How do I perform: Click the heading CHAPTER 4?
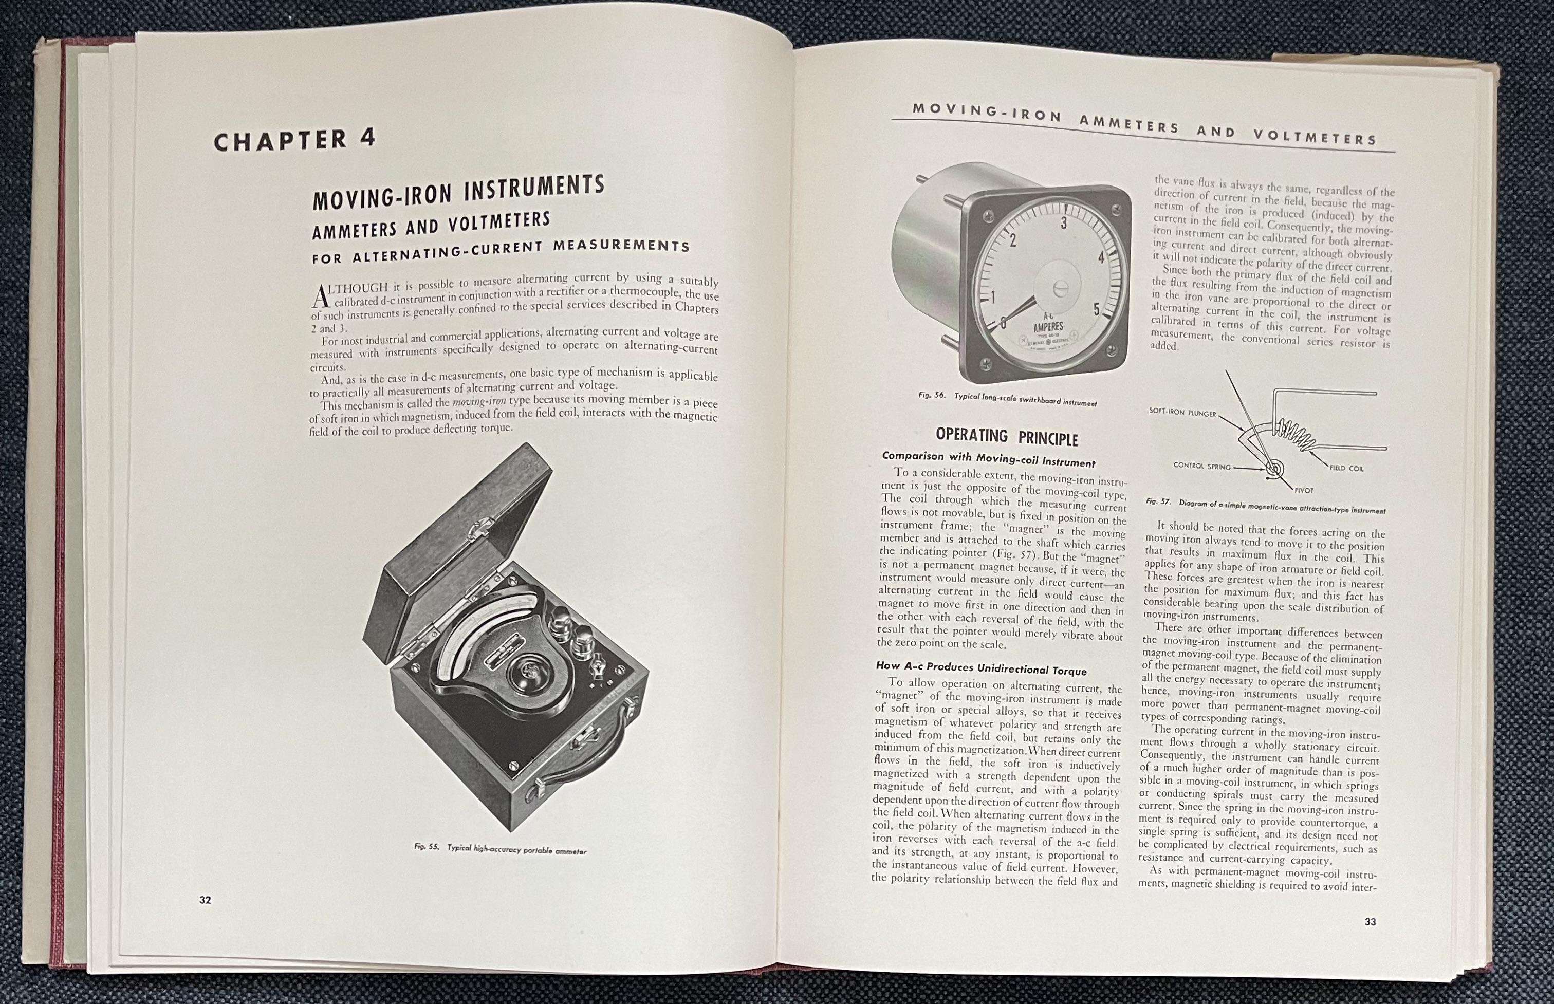pyautogui.click(x=294, y=140)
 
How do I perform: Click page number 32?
pyautogui.click(x=206, y=900)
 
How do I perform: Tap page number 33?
pyautogui.click(x=1370, y=922)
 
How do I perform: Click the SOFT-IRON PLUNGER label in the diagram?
pyautogui.click(x=1182, y=413)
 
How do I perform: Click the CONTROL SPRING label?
pyautogui.click(x=1202, y=466)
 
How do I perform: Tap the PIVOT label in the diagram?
pyautogui.click(x=1304, y=490)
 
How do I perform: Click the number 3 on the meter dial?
pyautogui.click(x=1064, y=224)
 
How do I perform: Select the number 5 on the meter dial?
pyautogui.click(x=1097, y=310)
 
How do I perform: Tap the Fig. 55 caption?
pyautogui.click(x=500, y=849)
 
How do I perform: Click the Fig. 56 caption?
pyautogui.click(x=1007, y=398)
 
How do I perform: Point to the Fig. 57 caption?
pyautogui.click(x=1265, y=507)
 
